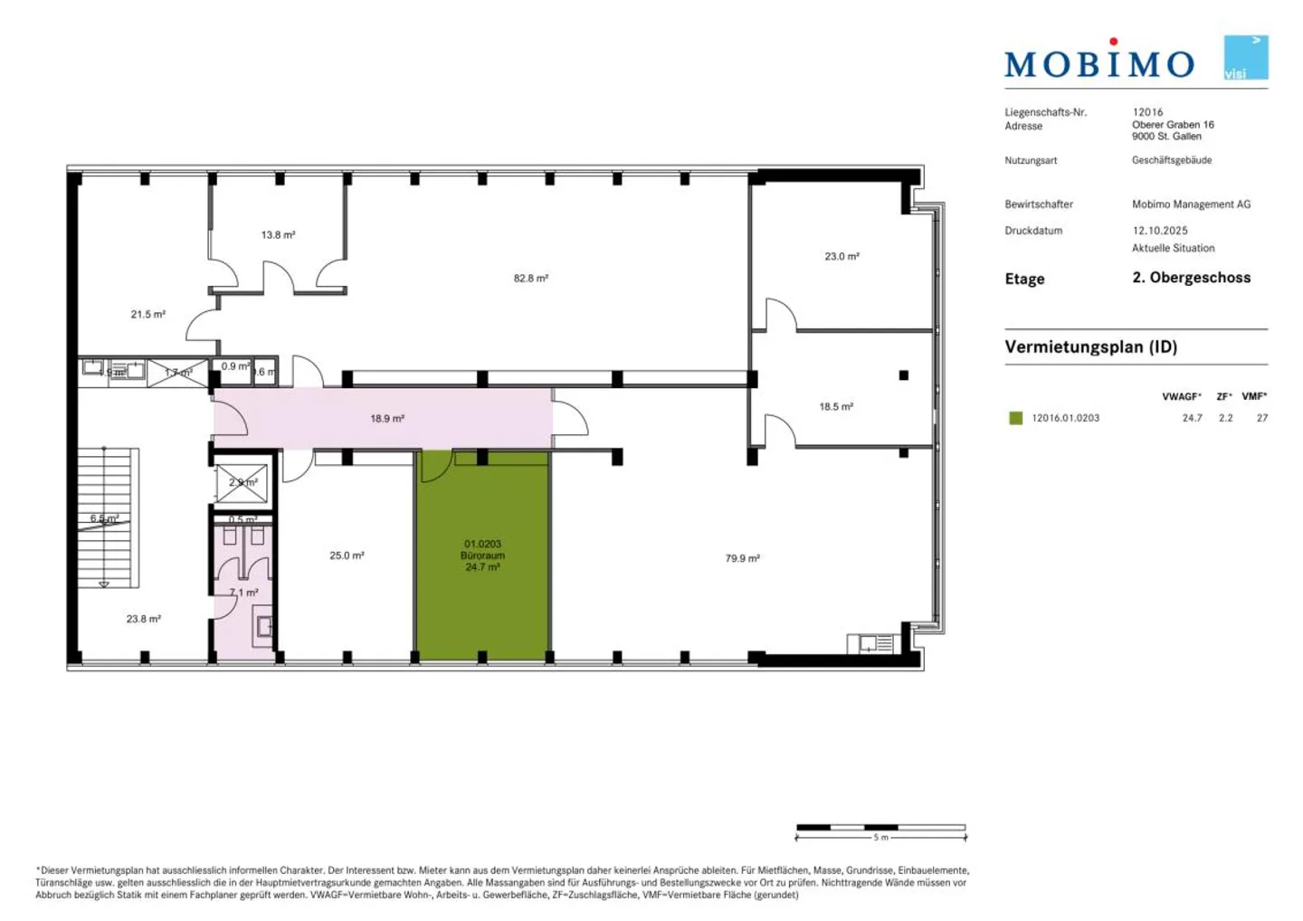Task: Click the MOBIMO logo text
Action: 1099,62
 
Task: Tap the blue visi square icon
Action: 1245,58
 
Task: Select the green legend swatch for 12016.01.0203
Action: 1015,418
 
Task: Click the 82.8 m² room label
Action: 530,279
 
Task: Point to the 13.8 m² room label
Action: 278,235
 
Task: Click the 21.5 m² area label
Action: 147,315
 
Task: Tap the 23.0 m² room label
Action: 842,257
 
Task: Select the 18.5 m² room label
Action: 836,407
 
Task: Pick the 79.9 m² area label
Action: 742,559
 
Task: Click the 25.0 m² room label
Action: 347,555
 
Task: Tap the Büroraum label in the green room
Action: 482,555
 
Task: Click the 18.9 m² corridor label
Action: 386,419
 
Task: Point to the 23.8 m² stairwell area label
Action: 143,620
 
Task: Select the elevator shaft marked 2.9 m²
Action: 242,483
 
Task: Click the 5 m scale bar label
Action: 880,838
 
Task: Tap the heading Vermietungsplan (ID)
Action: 1090,347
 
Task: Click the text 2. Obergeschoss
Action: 1191,278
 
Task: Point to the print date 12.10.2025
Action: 1159,231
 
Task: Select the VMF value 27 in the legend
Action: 1261,418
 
